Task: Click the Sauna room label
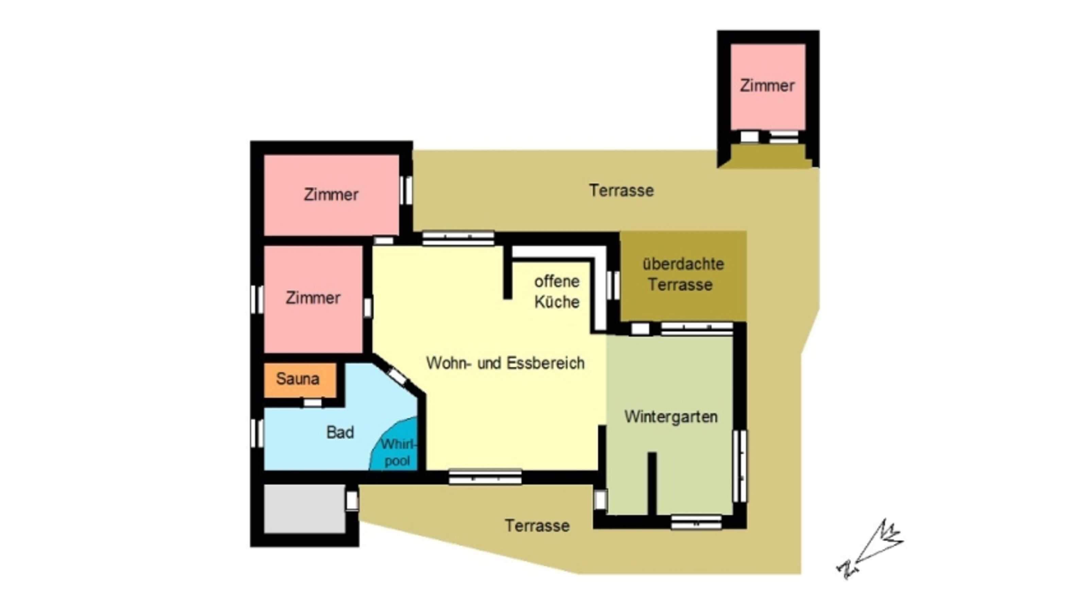point(297,379)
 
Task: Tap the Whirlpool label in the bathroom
point(398,452)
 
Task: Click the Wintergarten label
point(671,417)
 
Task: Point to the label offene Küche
point(557,292)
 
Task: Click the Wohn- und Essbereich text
point(505,363)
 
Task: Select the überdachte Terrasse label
point(683,274)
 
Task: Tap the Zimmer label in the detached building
point(767,86)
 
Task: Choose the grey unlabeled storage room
point(305,509)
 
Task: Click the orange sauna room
point(300,380)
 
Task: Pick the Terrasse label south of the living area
point(537,526)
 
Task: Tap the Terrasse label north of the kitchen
point(622,191)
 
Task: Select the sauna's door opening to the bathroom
point(312,403)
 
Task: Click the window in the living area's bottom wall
point(485,477)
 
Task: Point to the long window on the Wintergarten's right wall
point(740,466)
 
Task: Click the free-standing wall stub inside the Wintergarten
point(652,484)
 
